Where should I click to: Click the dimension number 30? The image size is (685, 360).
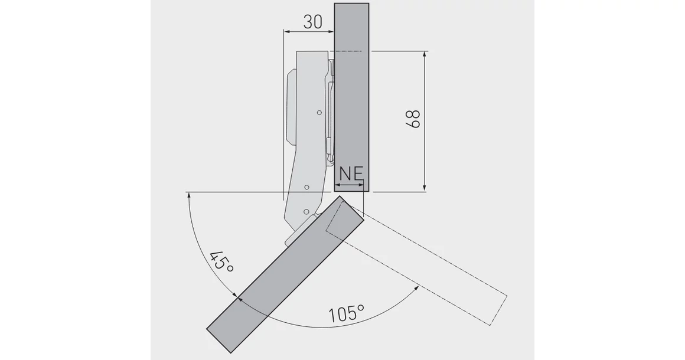pos(312,21)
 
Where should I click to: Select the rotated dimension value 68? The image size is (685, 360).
pos(413,119)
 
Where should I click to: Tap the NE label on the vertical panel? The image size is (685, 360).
pos(351,174)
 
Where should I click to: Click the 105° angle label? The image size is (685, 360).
pos(347,313)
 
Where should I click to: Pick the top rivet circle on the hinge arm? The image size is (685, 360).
pos(319,113)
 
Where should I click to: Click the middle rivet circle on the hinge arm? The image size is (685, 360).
pos(306,187)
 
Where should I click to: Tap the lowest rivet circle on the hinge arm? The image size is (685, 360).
pos(306,212)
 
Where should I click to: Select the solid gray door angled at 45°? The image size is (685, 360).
pos(285,274)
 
